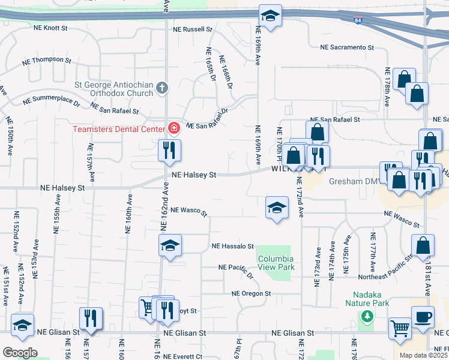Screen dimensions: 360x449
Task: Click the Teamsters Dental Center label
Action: coord(119,129)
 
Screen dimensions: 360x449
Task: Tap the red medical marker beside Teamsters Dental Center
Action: coord(174,128)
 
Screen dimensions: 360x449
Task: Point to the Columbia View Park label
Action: coord(276,262)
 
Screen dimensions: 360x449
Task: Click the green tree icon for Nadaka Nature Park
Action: coord(366,316)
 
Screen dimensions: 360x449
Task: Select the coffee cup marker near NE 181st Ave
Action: coord(423,317)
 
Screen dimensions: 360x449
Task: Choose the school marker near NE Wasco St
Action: coord(276,208)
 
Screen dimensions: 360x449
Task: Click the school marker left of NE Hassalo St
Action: coord(170,245)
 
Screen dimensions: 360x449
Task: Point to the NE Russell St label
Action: coord(193,29)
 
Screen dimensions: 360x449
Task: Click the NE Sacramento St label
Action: coord(347,47)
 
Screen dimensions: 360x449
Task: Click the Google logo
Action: coord(20,352)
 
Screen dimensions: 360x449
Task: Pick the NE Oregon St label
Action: coord(252,293)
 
